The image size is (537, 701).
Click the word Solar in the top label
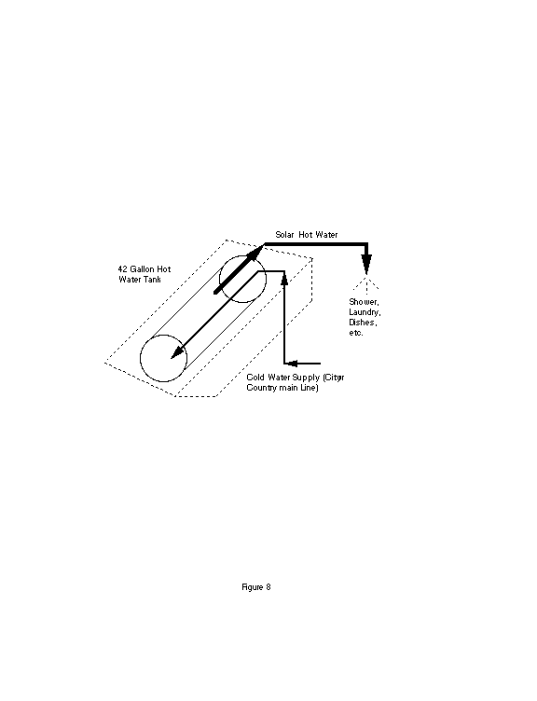pos(284,235)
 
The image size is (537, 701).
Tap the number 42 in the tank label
pos(122,269)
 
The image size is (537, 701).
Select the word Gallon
pos(142,269)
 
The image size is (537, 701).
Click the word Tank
pos(153,280)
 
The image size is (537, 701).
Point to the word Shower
pos(364,302)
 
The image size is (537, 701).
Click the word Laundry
pos(365,312)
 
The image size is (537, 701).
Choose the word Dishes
pos(363,323)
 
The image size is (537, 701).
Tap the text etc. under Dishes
pos(356,333)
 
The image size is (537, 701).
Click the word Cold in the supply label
pos(255,378)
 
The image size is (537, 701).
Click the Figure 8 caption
pos(256,587)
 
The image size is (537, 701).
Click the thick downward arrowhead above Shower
pos(366,264)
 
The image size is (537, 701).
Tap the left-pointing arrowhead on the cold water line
pos(291,364)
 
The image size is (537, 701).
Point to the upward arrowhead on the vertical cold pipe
pos(284,277)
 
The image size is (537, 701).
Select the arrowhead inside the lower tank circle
pos(179,351)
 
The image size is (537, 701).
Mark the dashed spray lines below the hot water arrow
pos(366,282)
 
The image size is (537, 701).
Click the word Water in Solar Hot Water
pos(327,235)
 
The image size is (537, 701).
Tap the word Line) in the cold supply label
pos(310,388)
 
